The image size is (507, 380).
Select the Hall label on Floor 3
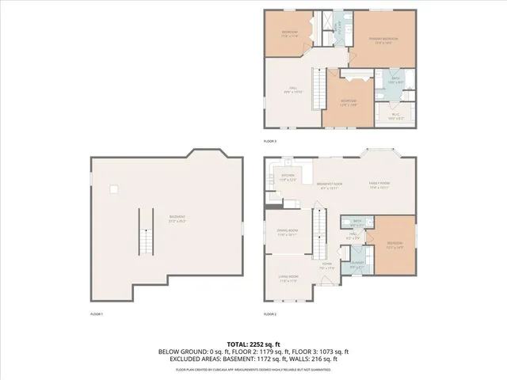[292, 89]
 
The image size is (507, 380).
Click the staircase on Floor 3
[318, 85]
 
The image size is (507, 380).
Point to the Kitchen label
[287, 177]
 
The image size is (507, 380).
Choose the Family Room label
[379, 187]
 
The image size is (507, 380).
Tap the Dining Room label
[286, 234]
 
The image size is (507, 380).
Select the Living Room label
[287, 279]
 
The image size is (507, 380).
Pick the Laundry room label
[357, 267]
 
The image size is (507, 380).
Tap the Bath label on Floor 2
[357, 223]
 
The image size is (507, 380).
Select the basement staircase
[145, 231]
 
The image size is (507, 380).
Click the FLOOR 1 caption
[97, 314]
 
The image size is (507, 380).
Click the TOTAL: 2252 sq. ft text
[253, 344]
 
